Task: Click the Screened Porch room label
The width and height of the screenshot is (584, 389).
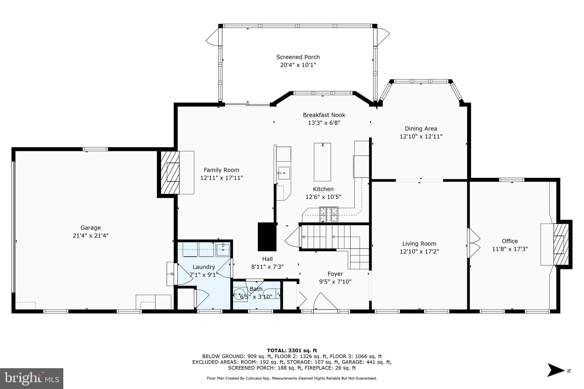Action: coord(298,57)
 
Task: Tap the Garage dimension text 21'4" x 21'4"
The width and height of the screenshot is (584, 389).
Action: coord(90,236)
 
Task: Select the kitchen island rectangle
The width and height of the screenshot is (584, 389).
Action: coord(322,162)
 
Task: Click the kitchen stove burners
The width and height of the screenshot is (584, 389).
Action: coord(328,214)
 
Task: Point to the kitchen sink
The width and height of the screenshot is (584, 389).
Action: coord(284,173)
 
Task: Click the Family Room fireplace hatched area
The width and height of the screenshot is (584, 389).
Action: coord(170,172)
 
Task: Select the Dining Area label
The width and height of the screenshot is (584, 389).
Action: coord(421,129)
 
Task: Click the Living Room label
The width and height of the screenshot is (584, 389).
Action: coord(419,244)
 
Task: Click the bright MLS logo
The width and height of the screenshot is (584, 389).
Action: coord(32,378)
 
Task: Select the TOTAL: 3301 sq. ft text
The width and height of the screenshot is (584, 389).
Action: coord(292,351)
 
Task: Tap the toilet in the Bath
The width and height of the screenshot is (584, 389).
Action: coord(239,294)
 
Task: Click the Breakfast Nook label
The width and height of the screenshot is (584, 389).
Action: coord(324,115)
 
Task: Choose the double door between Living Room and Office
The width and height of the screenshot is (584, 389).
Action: coord(473,243)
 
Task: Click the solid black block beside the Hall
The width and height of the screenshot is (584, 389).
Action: coord(267,237)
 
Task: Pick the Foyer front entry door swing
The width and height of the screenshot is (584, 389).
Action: coord(325,302)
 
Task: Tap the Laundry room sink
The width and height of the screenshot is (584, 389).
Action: coord(223,250)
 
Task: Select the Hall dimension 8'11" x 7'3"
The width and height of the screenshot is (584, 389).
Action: coord(267,267)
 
